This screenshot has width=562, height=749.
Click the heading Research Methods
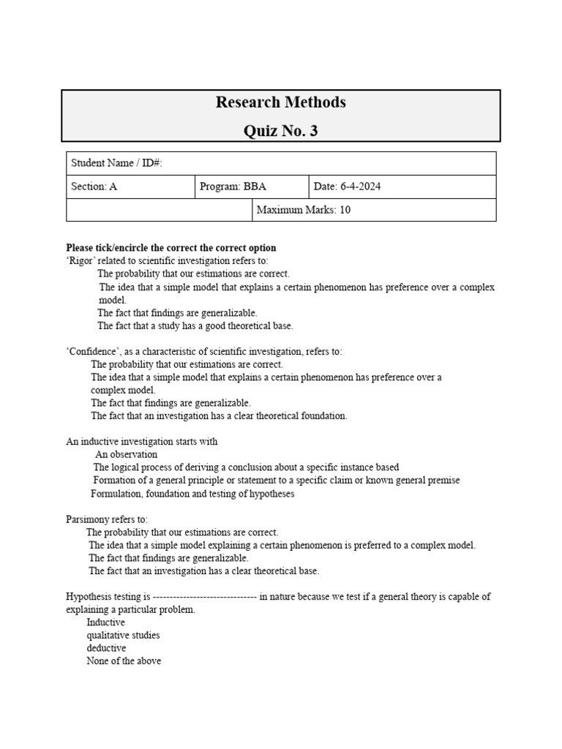tap(280, 102)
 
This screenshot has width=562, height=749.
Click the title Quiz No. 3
tap(280, 131)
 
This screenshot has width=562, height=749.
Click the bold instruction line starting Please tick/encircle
tap(171, 248)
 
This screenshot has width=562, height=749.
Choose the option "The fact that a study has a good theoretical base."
tap(195, 325)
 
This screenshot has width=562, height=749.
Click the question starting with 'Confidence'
tap(204, 352)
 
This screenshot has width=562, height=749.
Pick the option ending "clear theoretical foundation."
tap(219, 416)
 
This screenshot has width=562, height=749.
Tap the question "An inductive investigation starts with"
tap(142, 442)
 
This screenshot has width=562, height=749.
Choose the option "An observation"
tap(126, 454)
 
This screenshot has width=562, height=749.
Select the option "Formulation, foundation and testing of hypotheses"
tap(192, 494)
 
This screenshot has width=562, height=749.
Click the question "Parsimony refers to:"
tap(107, 519)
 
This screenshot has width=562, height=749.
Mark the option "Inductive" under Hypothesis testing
tap(105, 622)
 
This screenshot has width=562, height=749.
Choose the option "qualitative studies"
tap(123, 635)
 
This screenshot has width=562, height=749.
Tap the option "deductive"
tap(106, 648)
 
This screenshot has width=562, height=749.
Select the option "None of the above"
tap(124, 661)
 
